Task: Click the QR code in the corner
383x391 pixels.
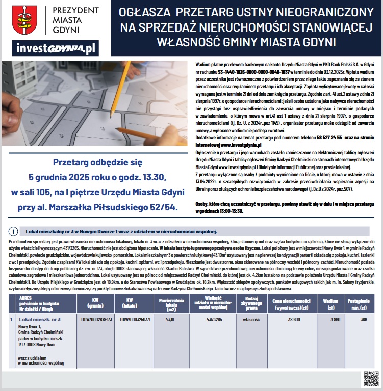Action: pos(371,379)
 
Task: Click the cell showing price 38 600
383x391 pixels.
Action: pos(294,319)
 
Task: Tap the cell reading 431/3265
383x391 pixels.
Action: pos(212,319)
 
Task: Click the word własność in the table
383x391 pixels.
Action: pos(251,319)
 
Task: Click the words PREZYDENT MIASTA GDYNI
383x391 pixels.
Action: pos(75,19)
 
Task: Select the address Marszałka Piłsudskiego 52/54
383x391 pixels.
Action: pos(122,206)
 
